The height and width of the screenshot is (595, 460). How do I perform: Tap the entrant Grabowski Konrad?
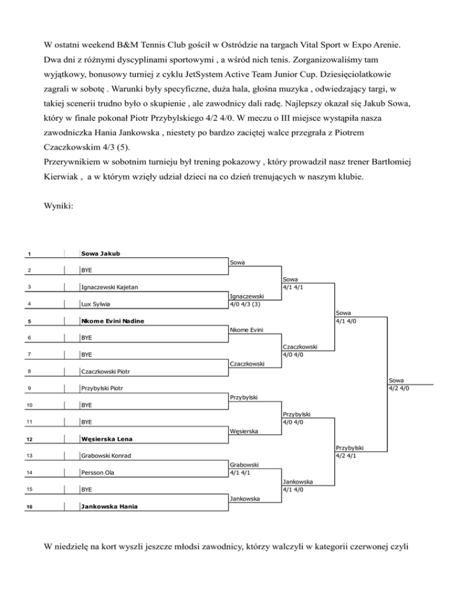click(107, 456)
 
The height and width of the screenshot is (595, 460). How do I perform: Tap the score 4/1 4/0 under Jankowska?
click(297, 489)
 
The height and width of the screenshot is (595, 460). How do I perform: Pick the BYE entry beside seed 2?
click(87, 271)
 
